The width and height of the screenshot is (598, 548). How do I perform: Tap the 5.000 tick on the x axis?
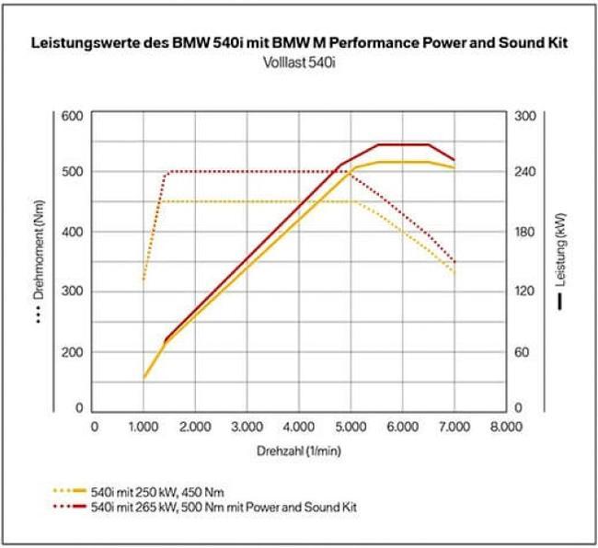coord(350,427)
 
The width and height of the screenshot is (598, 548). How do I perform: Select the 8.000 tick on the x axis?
coord(504,427)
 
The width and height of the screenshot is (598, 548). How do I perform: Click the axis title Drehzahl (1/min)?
coord(299,451)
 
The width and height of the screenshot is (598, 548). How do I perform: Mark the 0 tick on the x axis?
coord(93,427)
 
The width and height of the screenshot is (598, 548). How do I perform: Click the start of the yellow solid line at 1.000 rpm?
coord(144,377)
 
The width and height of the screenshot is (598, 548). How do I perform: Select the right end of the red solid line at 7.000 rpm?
coord(454,160)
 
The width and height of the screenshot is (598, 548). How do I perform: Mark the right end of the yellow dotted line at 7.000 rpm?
coord(454,272)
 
